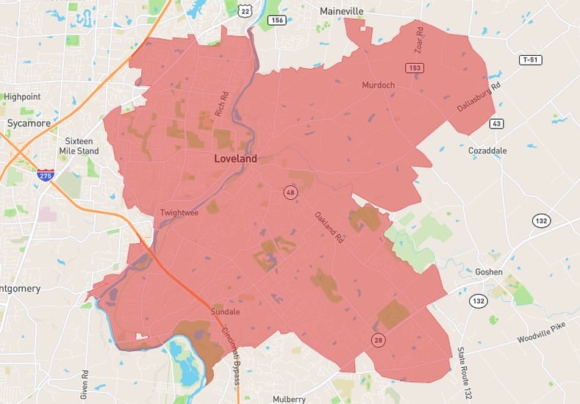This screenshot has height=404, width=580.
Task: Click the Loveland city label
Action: (235, 159)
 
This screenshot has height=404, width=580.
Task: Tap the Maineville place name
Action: (342, 11)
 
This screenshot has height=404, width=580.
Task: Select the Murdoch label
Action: (378, 85)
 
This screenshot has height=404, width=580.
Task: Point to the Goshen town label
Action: (488, 272)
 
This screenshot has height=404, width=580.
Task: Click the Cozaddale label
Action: (487, 151)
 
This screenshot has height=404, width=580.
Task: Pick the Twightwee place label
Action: (179, 213)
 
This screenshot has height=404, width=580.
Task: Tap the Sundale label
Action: (226, 311)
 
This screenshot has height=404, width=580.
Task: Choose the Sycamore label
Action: (28, 123)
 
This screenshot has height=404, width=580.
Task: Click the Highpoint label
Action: (22, 96)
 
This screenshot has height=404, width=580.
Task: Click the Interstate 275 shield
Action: (45, 175)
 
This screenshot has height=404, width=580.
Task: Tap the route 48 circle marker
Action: (290, 192)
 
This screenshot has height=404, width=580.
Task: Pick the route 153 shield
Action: (416, 68)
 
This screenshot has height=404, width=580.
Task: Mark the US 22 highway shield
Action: (246, 9)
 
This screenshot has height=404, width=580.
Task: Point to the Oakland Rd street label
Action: (329, 227)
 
